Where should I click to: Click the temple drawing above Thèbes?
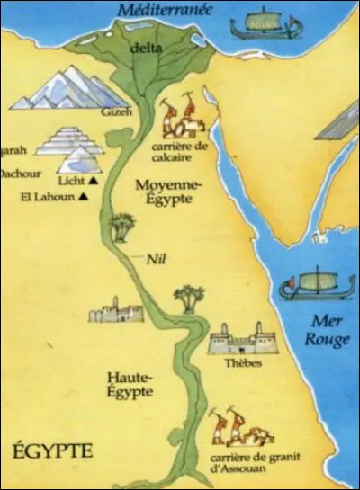tap(240, 343)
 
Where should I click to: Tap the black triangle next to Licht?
tap(92, 182)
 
